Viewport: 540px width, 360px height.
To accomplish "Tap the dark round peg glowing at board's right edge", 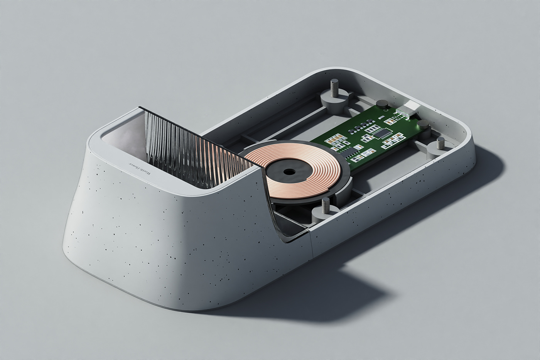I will pos(423,124).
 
